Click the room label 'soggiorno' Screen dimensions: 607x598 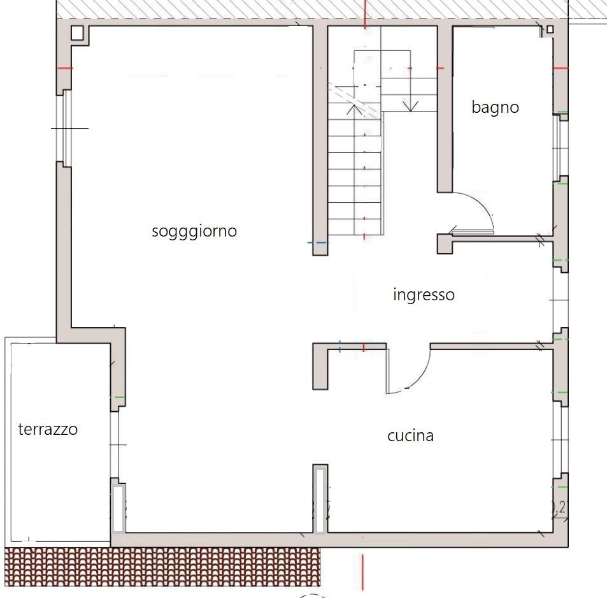(194, 231)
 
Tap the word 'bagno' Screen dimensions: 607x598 (495, 107)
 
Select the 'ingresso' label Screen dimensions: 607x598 (424, 295)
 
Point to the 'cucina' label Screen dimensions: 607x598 (410, 435)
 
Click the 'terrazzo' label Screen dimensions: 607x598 (48, 430)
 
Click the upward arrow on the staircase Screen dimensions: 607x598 (354, 106)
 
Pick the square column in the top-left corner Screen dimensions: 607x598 (77, 33)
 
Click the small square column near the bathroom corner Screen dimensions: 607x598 (550, 29)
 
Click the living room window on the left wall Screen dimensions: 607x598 (64, 128)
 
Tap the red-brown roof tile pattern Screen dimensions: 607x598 (162, 567)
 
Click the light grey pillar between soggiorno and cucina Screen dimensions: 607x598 (320, 500)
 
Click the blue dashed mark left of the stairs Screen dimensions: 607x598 (317, 243)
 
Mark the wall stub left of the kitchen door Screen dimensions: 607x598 (320, 366)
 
